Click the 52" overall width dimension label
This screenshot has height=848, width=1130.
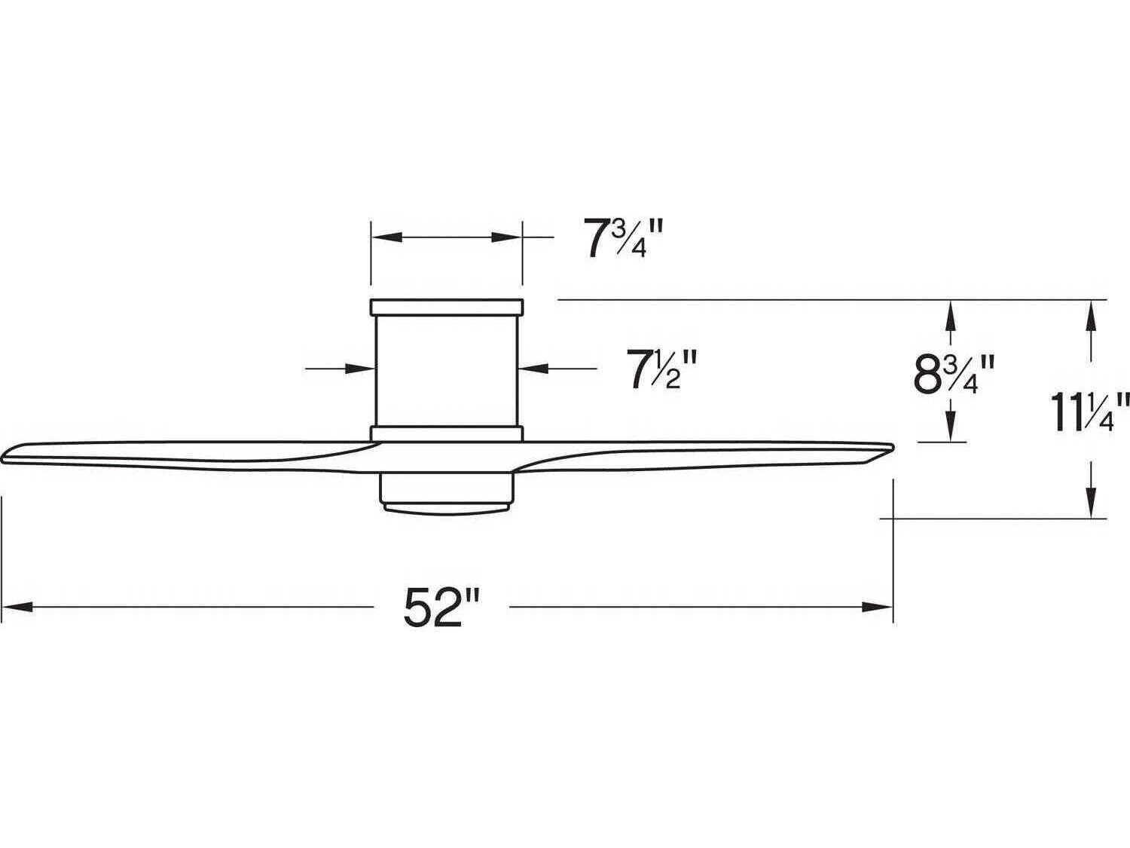[441, 607]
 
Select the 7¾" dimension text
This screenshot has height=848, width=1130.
[615, 238]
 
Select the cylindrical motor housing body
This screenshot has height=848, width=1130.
[446, 369]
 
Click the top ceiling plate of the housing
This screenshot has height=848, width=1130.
[446, 307]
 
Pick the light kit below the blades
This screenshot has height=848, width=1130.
[446, 494]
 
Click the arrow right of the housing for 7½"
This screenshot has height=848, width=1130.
[533, 369]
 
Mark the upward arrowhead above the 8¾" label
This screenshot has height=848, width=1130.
[951, 313]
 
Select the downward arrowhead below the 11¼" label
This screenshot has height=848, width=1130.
[1090, 505]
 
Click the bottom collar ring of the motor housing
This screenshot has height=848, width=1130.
[446, 433]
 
